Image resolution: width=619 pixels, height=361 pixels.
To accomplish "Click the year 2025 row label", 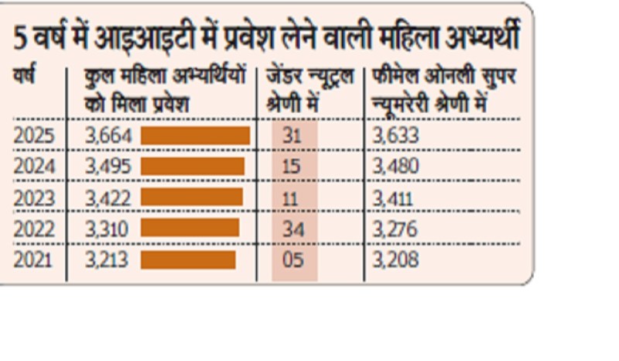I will [x=34, y=136].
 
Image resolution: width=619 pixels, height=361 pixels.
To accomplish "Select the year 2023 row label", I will [x=34, y=198].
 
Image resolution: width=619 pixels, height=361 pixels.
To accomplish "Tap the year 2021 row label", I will [x=33, y=259].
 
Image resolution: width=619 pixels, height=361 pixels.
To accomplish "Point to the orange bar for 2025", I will [x=195, y=136].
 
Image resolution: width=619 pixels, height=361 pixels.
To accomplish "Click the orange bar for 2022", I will [x=190, y=228].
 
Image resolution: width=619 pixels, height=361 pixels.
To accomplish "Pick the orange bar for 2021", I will [x=188, y=259].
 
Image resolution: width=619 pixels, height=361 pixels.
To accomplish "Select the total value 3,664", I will [x=108, y=136].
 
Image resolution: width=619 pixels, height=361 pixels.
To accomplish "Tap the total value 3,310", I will [x=107, y=229].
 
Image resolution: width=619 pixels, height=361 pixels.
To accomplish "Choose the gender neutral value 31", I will [x=292, y=136].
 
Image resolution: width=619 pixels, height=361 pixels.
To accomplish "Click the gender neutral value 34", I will [x=292, y=229].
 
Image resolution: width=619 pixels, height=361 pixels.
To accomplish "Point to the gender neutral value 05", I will [x=293, y=259].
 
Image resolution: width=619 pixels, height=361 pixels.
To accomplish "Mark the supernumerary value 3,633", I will [x=395, y=136].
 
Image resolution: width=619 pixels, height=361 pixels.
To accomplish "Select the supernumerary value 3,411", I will [x=393, y=198].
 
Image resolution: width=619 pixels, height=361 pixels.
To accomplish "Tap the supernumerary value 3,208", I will [x=395, y=259].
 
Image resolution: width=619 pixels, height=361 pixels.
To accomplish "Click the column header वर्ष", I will [x=26, y=77].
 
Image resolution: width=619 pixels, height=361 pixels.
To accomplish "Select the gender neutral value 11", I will [x=290, y=198].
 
